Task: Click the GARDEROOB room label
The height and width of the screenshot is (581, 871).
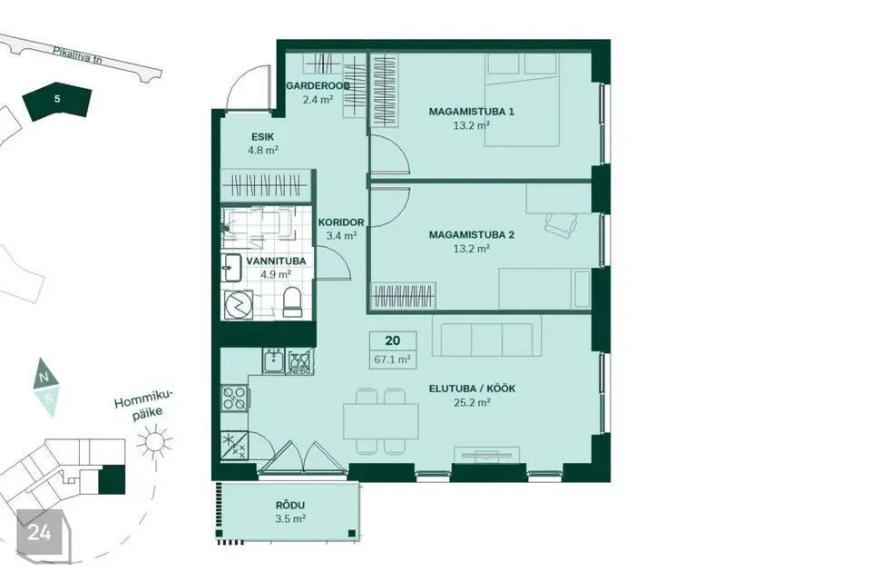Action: (x=318, y=86)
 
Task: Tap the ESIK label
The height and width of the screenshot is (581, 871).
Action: (x=263, y=137)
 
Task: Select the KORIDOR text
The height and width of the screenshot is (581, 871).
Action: (x=341, y=222)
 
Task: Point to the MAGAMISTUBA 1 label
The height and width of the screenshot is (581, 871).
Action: (x=471, y=112)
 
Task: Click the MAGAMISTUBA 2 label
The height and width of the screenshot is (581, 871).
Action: (x=471, y=235)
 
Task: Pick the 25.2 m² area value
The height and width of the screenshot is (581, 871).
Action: (x=472, y=402)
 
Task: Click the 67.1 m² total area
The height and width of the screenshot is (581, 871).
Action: (x=392, y=359)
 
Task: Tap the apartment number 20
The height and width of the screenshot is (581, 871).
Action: (x=392, y=340)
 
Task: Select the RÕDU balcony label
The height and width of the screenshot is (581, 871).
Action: (x=290, y=506)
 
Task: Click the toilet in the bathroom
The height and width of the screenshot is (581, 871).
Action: (x=291, y=303)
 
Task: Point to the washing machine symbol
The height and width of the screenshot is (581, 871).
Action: (x=239, y=305)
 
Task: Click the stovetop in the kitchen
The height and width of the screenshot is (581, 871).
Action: (x=235, y=399)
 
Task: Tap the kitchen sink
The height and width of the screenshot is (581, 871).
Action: (x=273, y=361)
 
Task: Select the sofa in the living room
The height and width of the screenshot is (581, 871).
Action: (x=486, y=337)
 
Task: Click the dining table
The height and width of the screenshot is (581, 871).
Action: (x=381, y=421)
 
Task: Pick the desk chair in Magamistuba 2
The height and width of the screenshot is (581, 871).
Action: (x=561, y=224)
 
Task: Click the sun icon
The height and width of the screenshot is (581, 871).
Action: (x=154, y=442)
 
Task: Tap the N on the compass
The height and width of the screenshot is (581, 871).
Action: (x=44, y=377)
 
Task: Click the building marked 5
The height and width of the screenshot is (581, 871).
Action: (x=57, y=101)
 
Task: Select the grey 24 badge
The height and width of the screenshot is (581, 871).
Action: (x=39, y=533)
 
